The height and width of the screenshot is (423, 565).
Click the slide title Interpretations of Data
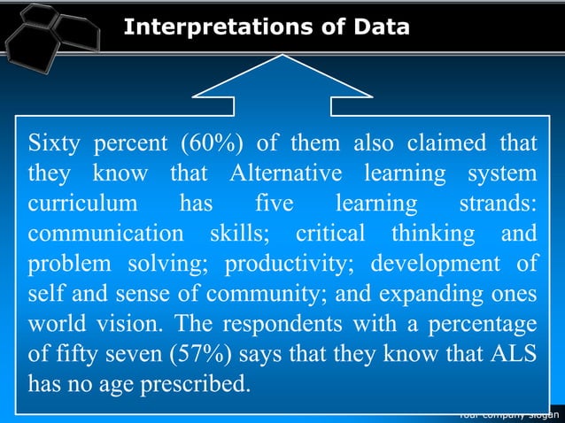[267, 27]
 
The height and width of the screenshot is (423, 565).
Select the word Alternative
[283, 174]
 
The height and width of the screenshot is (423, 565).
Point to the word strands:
[498, 204]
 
